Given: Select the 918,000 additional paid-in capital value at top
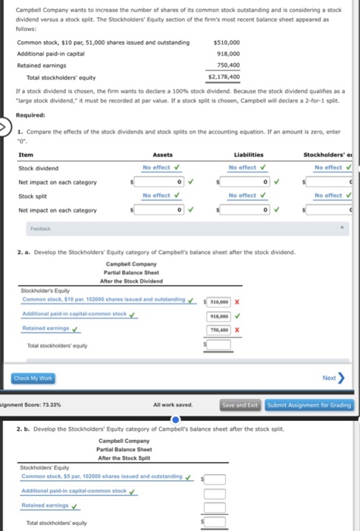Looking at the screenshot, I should [228, 54].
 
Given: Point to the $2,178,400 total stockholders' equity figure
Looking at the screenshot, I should [224, 77].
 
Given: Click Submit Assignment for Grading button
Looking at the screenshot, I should [309, 405].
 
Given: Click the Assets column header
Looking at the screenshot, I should [162, 155].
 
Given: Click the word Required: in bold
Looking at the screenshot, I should [30, 115].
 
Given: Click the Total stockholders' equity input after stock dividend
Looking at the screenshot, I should [220, 346].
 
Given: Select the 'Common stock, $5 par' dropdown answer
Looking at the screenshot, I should [102, 476].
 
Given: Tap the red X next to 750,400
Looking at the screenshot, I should [237, 330].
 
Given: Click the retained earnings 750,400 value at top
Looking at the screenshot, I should [228, 65].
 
